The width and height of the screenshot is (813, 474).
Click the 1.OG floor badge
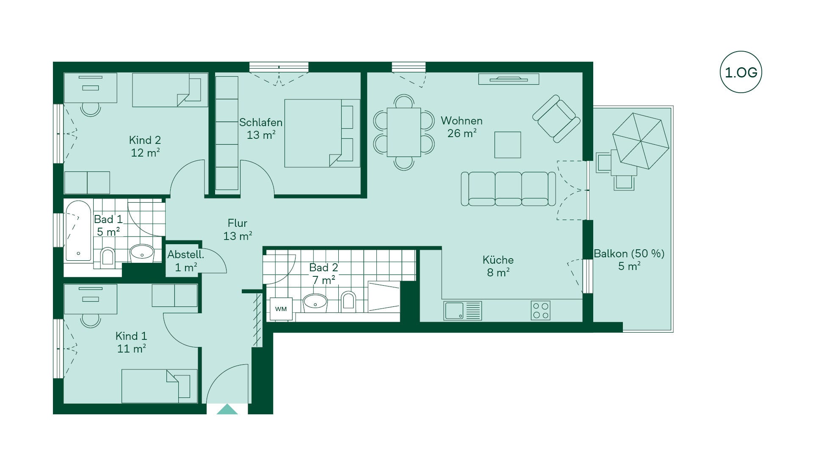coord(741,72)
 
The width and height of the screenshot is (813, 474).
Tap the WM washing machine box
coord(281,309)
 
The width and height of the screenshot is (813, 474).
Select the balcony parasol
coord(641,141)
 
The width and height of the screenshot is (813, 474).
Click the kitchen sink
coord(462,310)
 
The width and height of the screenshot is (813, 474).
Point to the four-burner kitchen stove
coord(541,310)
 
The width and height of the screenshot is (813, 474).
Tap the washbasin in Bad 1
coord(142,253)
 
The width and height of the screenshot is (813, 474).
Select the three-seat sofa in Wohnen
coord(508,189)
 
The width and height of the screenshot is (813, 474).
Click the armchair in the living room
coord(556,118)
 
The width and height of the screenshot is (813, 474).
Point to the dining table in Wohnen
coord(404,132)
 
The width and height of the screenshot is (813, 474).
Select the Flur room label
coord(238,223)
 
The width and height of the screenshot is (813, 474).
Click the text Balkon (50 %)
coord(629,254)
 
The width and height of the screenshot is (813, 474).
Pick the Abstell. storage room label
coord(185,254)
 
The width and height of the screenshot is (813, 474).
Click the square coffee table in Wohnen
coord(508,145)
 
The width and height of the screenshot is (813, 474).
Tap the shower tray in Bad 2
coord(384,297)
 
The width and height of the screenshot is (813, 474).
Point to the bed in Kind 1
coord(160,386)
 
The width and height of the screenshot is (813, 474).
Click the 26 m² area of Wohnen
coord(462,133)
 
